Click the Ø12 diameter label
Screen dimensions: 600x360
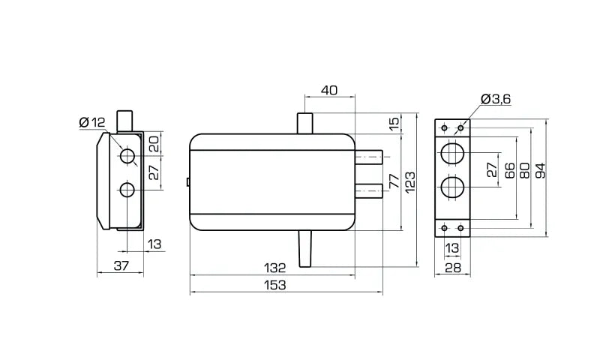[x=91, y=122]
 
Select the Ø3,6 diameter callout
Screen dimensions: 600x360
[x=496, y=99]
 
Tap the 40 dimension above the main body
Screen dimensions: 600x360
[x=329, y=90]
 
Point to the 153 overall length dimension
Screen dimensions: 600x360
[x=275, y=285]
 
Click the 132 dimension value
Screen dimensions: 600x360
[x=274, y=268]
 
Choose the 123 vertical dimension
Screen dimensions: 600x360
[x=409, y=183]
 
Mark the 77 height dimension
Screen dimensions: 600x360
[x=394, y=181]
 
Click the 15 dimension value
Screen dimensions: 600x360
[x=394, y=123]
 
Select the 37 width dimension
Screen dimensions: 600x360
[x=121, y=265]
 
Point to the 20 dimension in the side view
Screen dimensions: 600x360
[x=154, y=145]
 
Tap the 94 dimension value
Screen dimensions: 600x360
[x=540, y=170]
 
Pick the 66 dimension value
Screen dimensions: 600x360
[x=510, y=170]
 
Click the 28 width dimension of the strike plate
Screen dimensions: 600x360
[x=453, y=268]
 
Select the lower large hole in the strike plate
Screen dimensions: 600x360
[x=452, y=187]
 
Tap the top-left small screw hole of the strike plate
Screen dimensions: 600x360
[x=444, y=127]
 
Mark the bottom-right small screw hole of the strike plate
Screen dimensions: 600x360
[x=460, y=229]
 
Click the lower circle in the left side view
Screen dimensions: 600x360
[x=127, y=190]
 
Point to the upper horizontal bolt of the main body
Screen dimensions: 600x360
[x=369, y=157]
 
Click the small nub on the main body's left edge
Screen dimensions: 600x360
[x=188, y=182]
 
